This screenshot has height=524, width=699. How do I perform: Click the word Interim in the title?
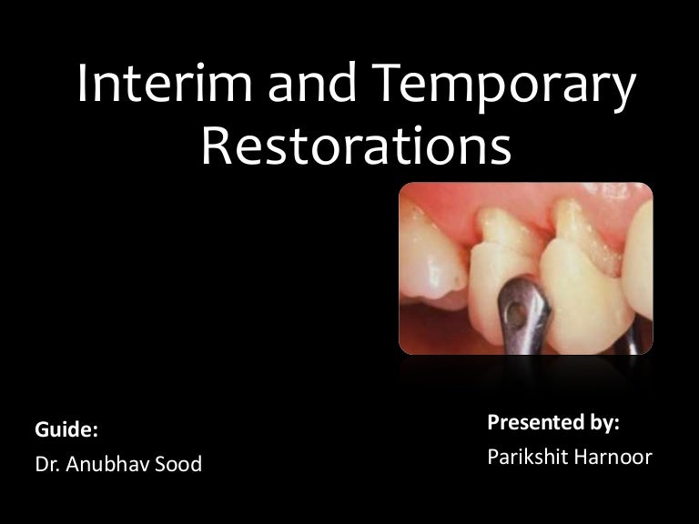[165, 83]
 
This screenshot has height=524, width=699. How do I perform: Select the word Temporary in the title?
[502, 87]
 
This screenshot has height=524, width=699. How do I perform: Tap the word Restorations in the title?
[356, 146]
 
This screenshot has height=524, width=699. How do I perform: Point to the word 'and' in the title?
[311, 82]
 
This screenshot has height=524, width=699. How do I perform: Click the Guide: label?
[66, 429]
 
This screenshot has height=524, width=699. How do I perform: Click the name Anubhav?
[102, 464]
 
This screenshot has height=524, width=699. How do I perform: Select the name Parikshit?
[523, 457]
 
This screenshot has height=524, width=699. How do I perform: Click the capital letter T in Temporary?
[387, 82]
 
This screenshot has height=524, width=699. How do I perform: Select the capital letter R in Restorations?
[216, 146]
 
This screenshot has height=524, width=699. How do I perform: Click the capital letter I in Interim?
[83, 83]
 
